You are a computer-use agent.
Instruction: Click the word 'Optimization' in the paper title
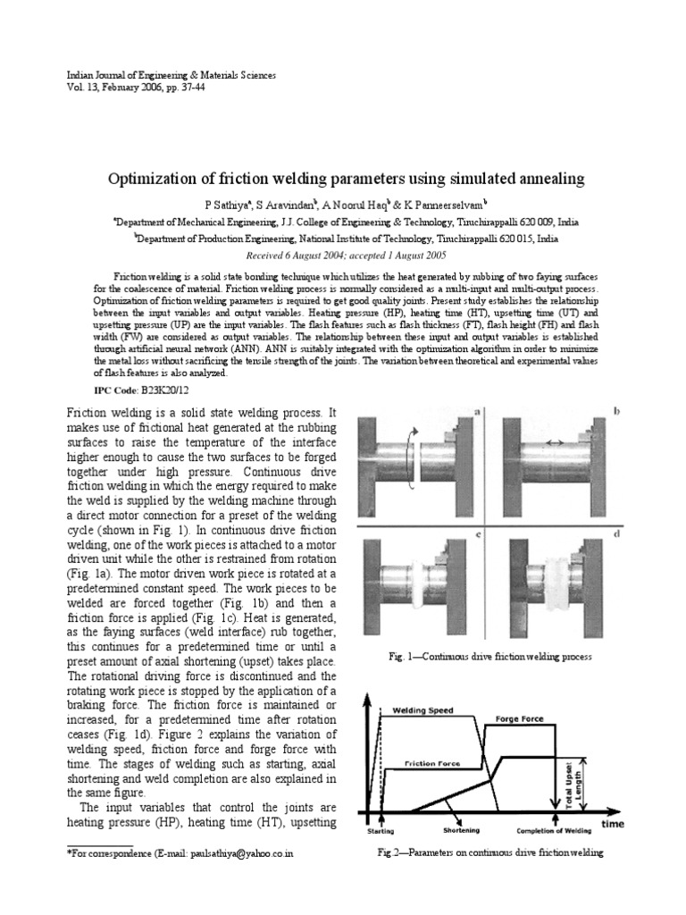pyautogui.click(x=148, y=179)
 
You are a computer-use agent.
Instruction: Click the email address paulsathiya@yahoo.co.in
pyautogui.click(x=241, y=854)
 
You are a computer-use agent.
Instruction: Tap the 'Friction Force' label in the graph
pyautogui.click(x=432, y=765)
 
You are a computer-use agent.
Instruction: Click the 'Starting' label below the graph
pyautogui.click(x=381, y=830)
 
